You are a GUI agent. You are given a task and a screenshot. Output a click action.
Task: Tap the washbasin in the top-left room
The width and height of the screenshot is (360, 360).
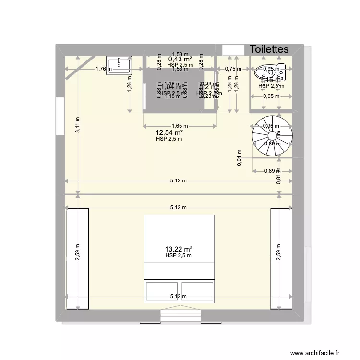(x=119, y=65)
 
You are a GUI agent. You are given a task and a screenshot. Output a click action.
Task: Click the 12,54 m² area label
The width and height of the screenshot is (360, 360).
(x=169, y=132)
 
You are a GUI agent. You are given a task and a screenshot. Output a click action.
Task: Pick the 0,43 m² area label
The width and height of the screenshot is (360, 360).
(x=180, y=59)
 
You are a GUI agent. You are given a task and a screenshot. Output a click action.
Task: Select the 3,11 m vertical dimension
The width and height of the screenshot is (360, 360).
(x=77, y=132)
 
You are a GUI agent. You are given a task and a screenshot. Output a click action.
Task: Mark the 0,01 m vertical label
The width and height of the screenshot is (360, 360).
(x=240, y=157)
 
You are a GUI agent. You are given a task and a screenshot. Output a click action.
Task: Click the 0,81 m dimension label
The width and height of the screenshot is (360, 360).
(x=279, y=179)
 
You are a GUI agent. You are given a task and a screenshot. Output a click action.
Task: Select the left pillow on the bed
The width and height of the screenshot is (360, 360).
(x=162, y=291)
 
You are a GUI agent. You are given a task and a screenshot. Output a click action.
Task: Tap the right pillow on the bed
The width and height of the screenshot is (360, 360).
(x=197, y=291)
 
